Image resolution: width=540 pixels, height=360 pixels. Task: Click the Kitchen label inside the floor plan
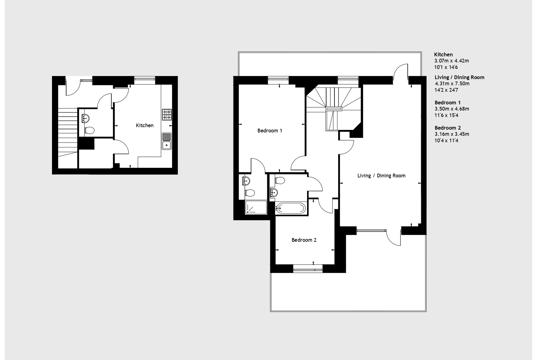point(145,125)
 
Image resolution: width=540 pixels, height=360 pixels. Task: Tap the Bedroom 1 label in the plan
point(270,130)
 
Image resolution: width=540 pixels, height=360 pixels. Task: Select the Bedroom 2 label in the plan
point(304,240)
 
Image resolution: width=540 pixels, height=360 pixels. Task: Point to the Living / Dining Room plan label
point(381,176)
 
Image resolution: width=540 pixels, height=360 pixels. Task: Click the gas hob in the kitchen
point(167,115)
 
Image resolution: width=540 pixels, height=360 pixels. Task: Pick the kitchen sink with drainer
point(167,141)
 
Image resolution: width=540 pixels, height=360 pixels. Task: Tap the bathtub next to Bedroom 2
point(291,208)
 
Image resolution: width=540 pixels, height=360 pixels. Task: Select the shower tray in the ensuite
point(256,208)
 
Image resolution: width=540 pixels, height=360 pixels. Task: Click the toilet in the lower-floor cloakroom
point(90,130)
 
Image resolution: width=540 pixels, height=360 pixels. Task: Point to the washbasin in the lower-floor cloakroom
point(85,118)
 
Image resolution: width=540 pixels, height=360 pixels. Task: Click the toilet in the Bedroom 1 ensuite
point(250,193)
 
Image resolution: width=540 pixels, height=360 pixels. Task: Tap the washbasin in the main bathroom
point(274,192)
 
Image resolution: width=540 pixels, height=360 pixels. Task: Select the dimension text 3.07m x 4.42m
point(452,61)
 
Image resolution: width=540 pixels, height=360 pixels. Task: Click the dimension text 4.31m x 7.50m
point(452,83)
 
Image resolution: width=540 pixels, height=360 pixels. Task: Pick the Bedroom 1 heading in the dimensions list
point(447,102)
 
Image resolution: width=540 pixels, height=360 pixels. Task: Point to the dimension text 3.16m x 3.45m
point(452,134)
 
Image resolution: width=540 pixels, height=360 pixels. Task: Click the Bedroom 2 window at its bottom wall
point(308,269)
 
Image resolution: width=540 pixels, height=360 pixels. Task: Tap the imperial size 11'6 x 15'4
point(446,115)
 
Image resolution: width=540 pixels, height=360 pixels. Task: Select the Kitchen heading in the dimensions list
point(443,55)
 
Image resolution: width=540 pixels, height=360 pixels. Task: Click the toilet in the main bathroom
point(280,181)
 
